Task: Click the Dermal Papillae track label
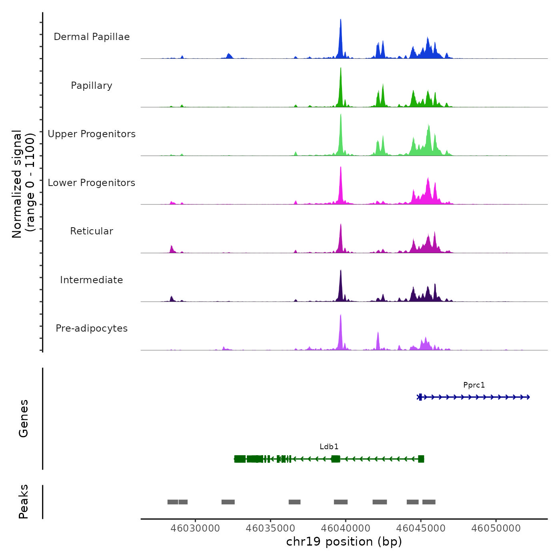point(92,37)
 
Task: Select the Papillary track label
point(92,86)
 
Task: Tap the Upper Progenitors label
point(92,134)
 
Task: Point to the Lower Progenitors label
point(92,183)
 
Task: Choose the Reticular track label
point(92,231)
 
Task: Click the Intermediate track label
point(92,280)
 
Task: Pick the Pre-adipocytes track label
point(92,328)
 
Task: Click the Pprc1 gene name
point(474,385)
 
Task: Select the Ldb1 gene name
point(329,447)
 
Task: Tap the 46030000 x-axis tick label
point(195,528)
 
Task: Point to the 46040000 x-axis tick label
point(346,528)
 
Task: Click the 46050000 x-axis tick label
point(496,528)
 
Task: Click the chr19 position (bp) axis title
point(344,542)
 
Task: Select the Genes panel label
point(24,418)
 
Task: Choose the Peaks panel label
point(24,502)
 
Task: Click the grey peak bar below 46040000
point(341,502)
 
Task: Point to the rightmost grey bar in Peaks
point(429,502)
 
